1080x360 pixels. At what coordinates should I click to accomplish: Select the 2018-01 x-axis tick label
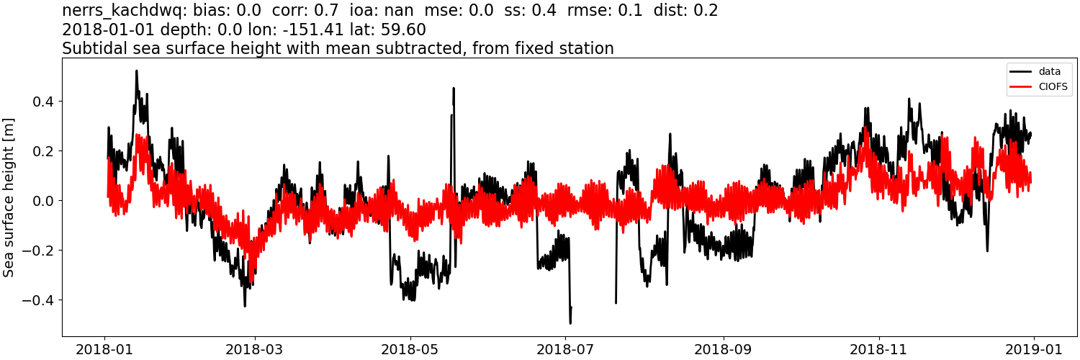pyautogui.click(x=105, y=349)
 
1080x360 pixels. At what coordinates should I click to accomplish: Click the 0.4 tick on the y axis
pyautogui.click(x=43, y=102)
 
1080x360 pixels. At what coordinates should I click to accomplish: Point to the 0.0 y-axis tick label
pyautogui.click(x=43, y=201)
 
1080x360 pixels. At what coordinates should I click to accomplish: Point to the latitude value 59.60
pyautogui.click(x=405, y=30)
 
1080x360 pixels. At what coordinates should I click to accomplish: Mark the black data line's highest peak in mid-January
pyautogui.click(x=136, y=71)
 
